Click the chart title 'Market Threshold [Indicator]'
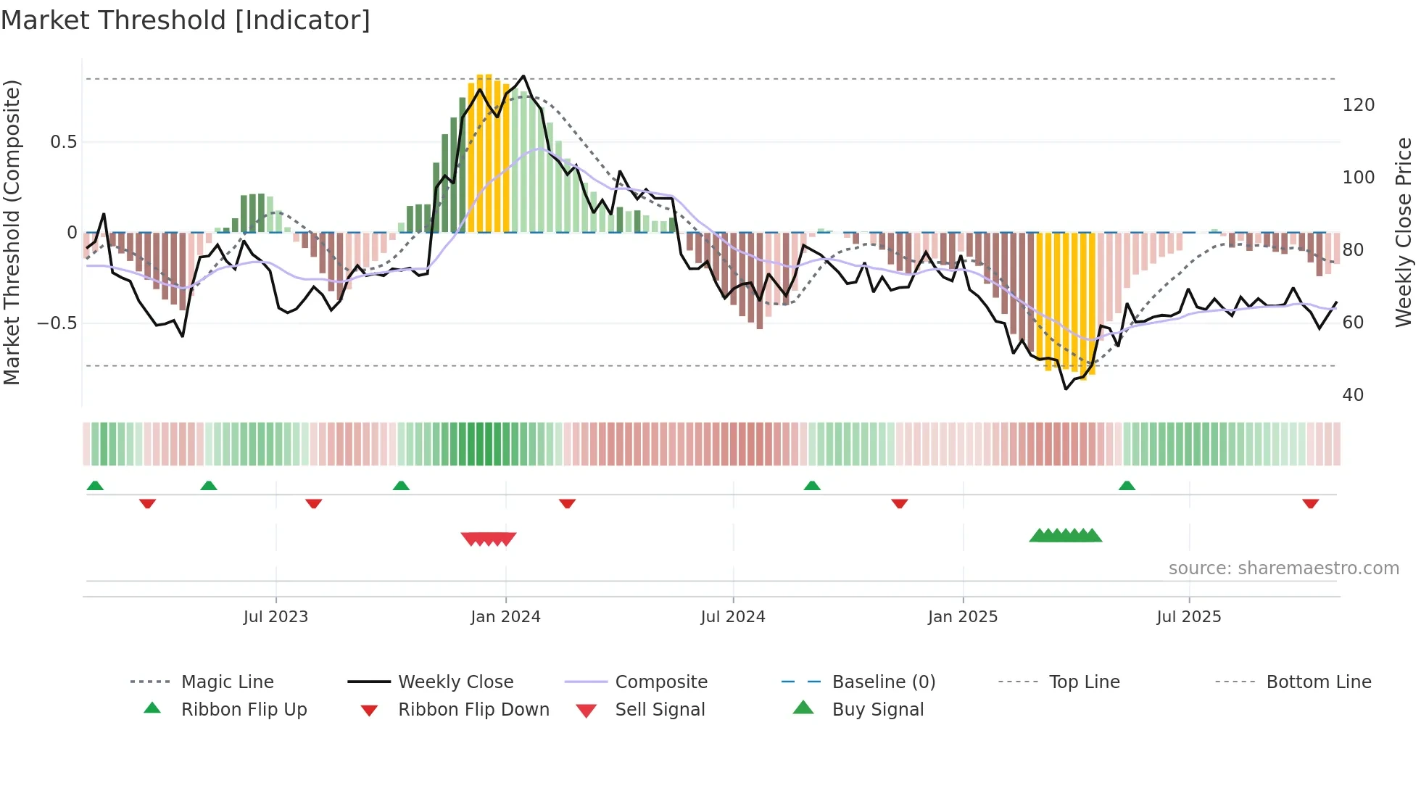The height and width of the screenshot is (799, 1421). click(186, 20)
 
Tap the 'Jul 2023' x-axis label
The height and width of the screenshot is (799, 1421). click(275, 617)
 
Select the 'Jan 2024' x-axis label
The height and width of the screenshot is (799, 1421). click(505, 617)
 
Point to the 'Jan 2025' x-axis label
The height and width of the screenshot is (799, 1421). click(963, 617)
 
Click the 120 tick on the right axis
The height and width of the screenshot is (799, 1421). click(1358, 105)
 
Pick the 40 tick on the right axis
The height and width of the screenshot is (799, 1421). click(1353, 395)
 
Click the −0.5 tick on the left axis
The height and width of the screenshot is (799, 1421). click(57, 323)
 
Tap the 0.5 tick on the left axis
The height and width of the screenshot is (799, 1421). click(63, 142)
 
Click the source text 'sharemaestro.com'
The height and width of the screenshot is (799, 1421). click(1283, 568)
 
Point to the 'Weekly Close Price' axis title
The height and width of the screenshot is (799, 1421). click(1404, 232)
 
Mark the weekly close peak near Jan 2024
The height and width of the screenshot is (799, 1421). click(523, 76)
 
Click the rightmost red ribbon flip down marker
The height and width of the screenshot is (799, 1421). click(1310, 504)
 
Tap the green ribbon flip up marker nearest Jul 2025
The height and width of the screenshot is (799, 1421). click(1127, 486)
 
